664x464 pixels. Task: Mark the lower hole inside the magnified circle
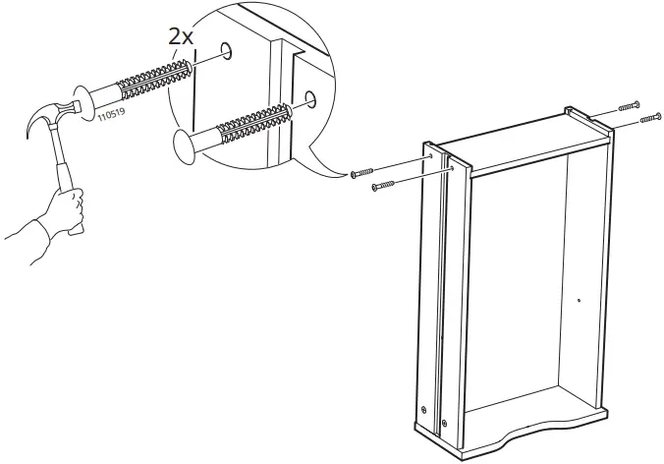(x=310, y=97)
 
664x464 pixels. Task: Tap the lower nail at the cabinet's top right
(x=649, y=120)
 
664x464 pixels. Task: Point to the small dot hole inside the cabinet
(x=580, y=300)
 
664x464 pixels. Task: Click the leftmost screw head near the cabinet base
(x=423, y=409)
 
